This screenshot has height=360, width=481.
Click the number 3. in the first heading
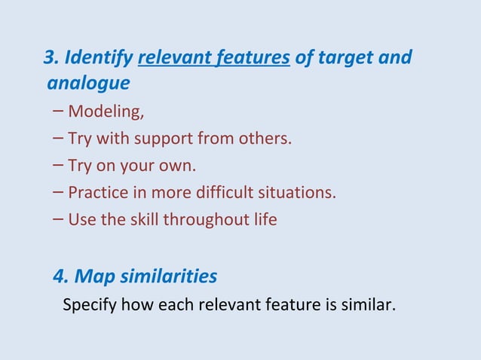51,57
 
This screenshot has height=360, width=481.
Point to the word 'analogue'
88,82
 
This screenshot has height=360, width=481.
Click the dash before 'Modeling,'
59,112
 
